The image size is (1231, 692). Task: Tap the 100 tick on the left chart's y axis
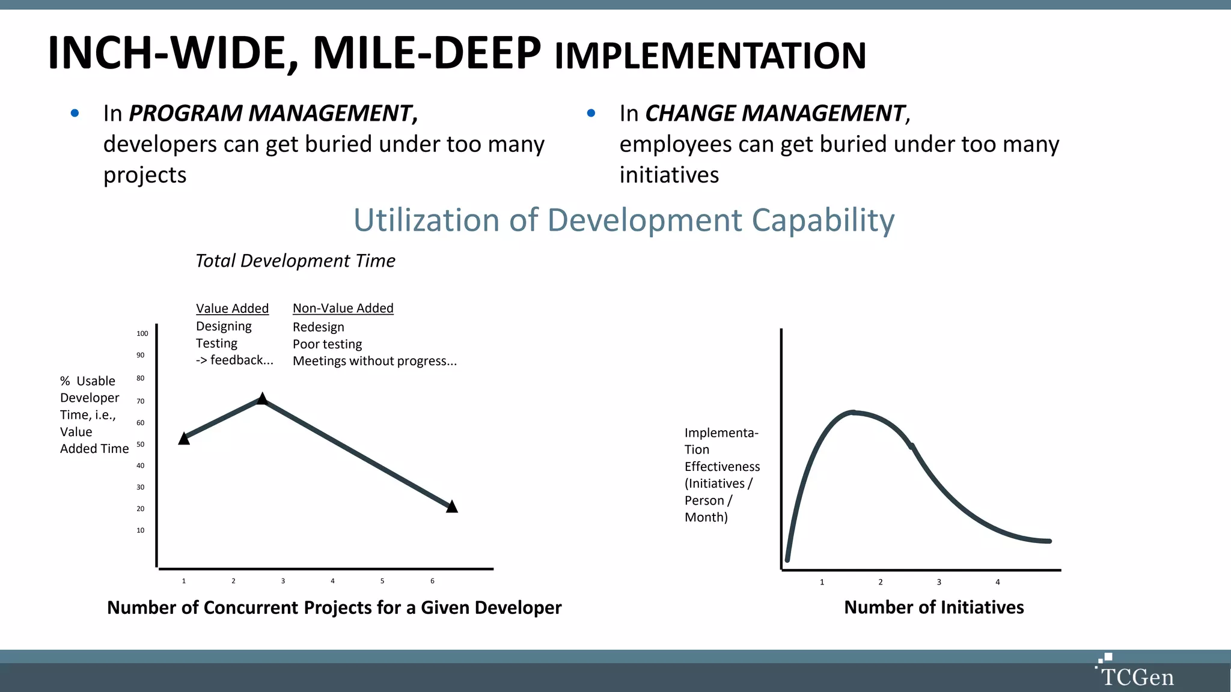click(x=142, y=333)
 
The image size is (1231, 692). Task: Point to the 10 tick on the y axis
click(x=140, y=530)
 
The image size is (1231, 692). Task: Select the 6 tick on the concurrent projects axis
click(x=432, y=581)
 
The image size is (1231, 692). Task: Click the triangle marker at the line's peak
click(x=262, y=398)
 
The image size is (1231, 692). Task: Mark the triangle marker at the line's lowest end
click(x=452, y=506)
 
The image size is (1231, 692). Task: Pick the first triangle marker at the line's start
click(x=184, y=439)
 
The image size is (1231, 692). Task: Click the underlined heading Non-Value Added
click(x=343, y=308)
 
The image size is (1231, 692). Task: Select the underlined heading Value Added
click(x=232, y=308)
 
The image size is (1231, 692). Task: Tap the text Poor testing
click(x=327, y=344)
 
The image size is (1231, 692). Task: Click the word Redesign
click(x=318, y=327)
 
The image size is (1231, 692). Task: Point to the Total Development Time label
click(x=295, y=261)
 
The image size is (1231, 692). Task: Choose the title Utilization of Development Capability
click(x=623, y=220)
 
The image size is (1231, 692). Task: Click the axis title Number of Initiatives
click(x=933, y=607)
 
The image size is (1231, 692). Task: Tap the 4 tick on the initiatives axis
click(x=998, y=582)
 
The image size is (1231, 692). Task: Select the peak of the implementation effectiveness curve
click(x=853, y=412)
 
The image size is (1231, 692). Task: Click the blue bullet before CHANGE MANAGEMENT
click(x=591, y=113)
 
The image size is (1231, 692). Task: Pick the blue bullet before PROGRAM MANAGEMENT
click(x=75, y=113)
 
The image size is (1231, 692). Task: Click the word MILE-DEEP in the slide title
click(x=426, y=53)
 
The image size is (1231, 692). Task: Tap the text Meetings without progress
click(x=374, y=361)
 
